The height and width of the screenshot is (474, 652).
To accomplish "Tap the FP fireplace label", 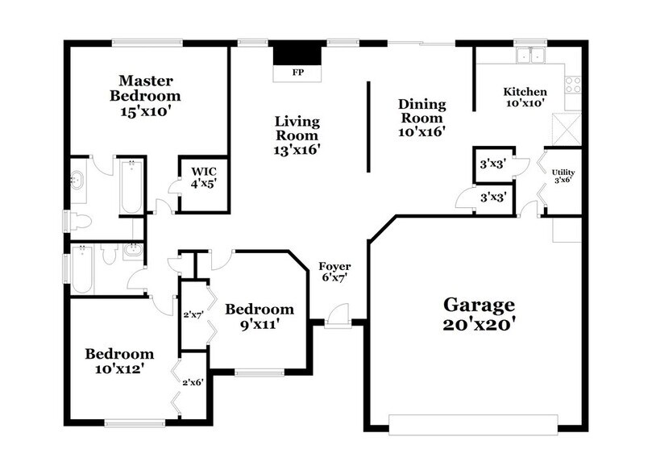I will (297, 73).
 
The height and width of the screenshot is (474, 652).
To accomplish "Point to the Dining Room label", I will (422, 116).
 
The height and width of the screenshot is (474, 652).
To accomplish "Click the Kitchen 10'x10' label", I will (525, 97).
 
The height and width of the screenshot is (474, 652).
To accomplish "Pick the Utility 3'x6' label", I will (563, 176).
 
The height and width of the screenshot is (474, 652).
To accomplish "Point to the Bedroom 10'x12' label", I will (119, 360).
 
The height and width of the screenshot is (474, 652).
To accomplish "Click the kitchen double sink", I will (531, 56).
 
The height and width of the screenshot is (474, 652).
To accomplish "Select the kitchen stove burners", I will (574, 83).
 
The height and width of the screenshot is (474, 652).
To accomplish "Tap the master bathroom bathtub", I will (131, 186).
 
